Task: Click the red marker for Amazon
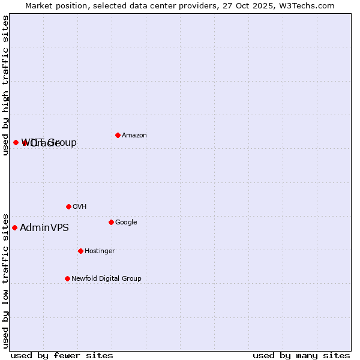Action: pyautogui.click(x=118, y=135)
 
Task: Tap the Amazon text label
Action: pyautogui.click(x=134, y=136)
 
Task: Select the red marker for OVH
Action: pyautogui.click(x=68, y=206)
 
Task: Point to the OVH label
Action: pyautogui.click(x=80, y=207)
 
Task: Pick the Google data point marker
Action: pyautogui.click(x=111, y=222)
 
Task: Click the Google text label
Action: pyautogui.click(x=126, y=223)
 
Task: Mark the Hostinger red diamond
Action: pyautogui.click(x=80, y=251)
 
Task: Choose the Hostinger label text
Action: pyautogui.click(x=100, y=251)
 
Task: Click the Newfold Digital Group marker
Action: pyautogui.click(x=67, y=278)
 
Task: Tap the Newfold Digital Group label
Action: pyautogui.click(x=106, y=279)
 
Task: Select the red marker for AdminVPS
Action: pyautogui.click(x=14, y=227)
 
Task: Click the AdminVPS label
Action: pyautogui.click(x=44, y=228)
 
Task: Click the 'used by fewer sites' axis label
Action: pyautogui.click(x=61, y=355)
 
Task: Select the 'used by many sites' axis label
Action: pyautogui.click(x=301, y=355)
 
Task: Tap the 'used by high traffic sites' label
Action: pyautogui.click(x=5, y=85)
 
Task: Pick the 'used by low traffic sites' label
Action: pyautogui.click(x=5, y=280)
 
